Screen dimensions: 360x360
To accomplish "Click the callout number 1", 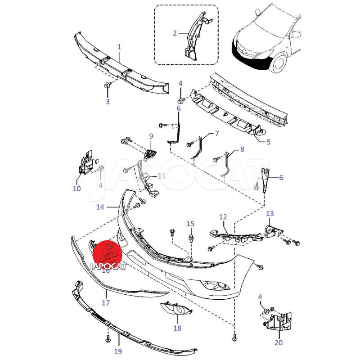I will [x=119, y=47].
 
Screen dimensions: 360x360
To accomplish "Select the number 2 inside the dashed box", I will [x=175, y=33].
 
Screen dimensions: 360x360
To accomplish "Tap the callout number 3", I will [x=108, y=102].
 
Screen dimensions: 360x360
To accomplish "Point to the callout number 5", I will [x=269, y=142].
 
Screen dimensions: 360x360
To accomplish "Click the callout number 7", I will [x=216, y=134].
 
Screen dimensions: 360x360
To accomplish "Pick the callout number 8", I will [x=242, y=148].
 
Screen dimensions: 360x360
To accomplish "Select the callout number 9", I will [x=151, y=136].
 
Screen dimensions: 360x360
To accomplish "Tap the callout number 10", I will [x=76, y=189].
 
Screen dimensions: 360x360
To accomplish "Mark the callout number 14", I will [x=100, y=207].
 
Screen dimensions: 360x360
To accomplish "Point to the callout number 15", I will [x=190, y=224].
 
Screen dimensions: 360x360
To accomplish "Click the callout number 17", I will [x=106, y=303].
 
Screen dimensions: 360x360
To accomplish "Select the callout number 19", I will [x=118, y=351].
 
